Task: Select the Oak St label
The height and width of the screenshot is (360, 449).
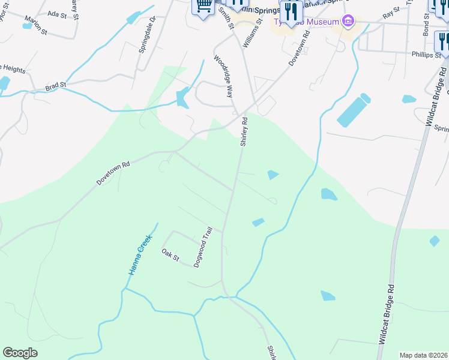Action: pyautogui.click(x=170, y=256)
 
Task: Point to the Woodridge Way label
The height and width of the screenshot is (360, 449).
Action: pyautogui.click(x=223, y=76)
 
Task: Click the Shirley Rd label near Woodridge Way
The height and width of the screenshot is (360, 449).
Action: pyautogui.click(x=244, y=132)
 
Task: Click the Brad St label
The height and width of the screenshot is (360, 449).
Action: pyautogui.click(x=55, y=86)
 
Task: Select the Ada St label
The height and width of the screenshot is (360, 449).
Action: pyautogui.click(x=56, y=13)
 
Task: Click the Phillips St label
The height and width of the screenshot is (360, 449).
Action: pyautogui.click(x=427, y=55)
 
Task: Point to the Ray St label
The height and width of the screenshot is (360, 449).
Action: pyautogui.click(x=391, y=12)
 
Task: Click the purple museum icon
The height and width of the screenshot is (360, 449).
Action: pyautogui.click(x=348, y=22)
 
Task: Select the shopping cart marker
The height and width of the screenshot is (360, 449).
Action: pyautogui.click(x=203, y=6)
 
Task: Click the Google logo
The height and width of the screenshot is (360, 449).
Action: pyautogui.click(x=20, y=353)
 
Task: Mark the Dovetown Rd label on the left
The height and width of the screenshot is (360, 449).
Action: pyautogui.click(x=113, y=173)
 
